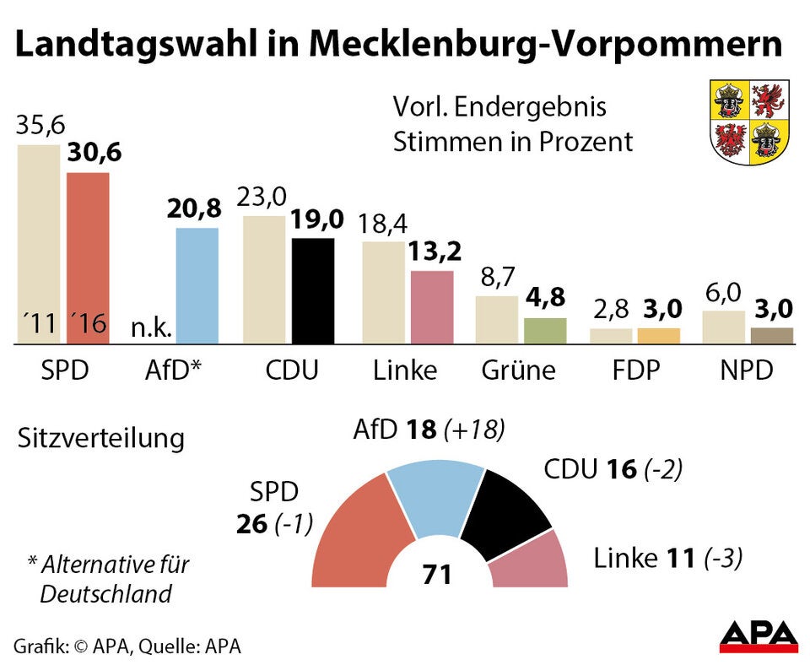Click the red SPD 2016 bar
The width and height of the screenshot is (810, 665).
(x=88, y=253)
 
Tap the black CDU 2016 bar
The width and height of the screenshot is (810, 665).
(x=312, y=290)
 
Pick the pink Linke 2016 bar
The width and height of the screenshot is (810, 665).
(x=431, y=307)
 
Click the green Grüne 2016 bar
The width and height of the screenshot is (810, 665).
(x=545, y=331)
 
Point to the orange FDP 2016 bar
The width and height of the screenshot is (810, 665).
(x=658, y=336)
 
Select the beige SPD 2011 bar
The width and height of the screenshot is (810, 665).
(x=39, y=236)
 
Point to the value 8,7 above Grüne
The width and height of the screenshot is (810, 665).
(x=498, y=278)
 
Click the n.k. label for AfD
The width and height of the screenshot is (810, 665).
(x=152, y=326)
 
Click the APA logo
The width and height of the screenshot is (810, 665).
(x=758, y=636)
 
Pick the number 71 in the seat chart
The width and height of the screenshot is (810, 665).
(x=438, y=575)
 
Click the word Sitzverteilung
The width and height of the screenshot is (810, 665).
(x=100, y=439)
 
